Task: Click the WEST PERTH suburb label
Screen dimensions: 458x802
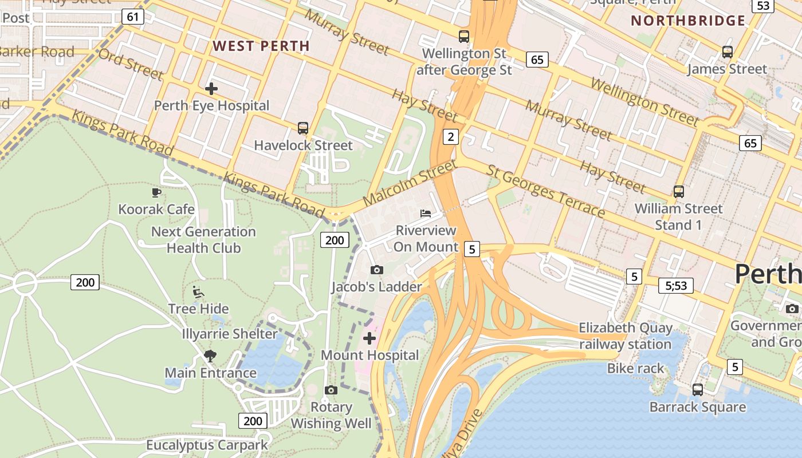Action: click(261, 46)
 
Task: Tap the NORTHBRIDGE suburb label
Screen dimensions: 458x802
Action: click(688, 21)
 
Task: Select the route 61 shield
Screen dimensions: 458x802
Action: click(132, 17)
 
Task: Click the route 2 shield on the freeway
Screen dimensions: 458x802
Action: click(451, 136)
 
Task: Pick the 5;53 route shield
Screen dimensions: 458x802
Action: click(676, 285)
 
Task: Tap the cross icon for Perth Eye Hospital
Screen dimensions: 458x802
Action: click(211, 89)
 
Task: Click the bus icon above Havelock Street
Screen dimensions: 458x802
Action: click(303, 128)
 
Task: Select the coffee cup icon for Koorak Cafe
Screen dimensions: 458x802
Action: click(156, 192)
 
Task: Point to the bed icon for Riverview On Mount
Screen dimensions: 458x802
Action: click(426, 214)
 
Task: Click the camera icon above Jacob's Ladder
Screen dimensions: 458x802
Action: click(376, 270)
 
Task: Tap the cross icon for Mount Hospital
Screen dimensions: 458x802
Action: click(369, 338)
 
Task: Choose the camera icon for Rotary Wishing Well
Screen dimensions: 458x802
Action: click(331, 390)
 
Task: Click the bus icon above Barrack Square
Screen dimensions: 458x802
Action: click(697, 390)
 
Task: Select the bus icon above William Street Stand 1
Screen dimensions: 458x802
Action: click(679, 192)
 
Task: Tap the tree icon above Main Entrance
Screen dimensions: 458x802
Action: click(210, 356)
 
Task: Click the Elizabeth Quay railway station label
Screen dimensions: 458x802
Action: click(625, 336)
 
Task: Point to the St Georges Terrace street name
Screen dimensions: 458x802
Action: click(545, 191)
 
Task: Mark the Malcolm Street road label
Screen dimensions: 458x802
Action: click(410, 183)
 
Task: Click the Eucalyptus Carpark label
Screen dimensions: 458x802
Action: click(207, 445)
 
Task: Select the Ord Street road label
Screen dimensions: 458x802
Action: click(131, 64)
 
